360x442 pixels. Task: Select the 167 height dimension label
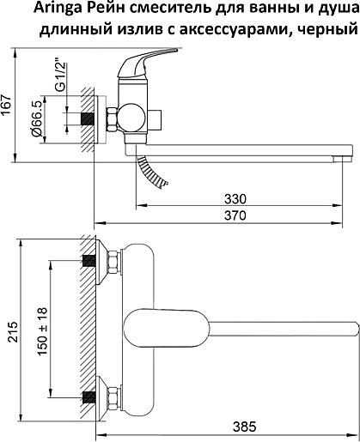tap(7, 105)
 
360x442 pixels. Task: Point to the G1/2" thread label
tap(61, 76)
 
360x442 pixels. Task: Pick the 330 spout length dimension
tap(235, 199)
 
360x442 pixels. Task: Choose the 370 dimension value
tap(235, 215)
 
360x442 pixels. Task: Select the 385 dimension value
tap(244, 427)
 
